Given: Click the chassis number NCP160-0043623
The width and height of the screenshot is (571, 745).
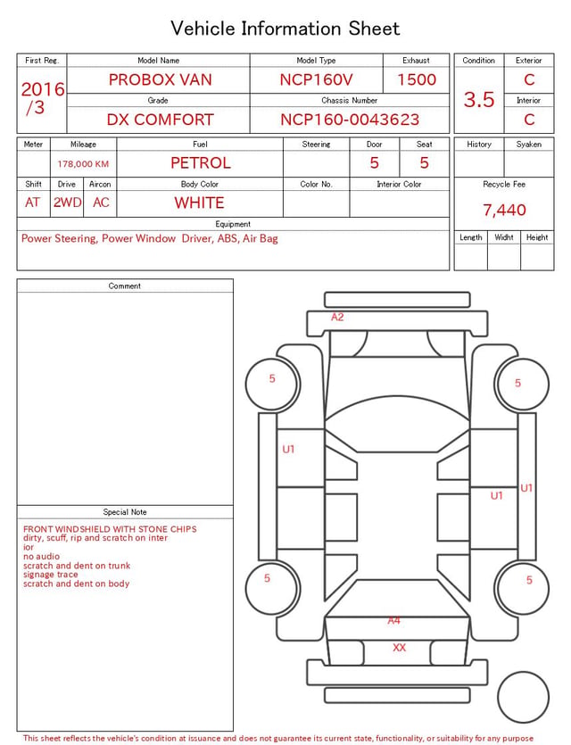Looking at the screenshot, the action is click(x=350, y=120).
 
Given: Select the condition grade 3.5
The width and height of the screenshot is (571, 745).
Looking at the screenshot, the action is click(x=479, y=100).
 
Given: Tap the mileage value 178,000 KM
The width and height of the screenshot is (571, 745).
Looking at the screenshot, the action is click(x=83, y=164).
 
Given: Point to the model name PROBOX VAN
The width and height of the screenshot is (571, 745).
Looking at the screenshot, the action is click(x=160, y=79).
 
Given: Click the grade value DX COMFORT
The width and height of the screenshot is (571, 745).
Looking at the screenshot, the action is click(x=160, y=120).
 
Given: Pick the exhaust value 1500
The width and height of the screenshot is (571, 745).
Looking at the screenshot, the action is click(x=417, y=79).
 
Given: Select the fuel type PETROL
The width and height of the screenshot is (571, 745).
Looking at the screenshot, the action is click(x=201, y=163).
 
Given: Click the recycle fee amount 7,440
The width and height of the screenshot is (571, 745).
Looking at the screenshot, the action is click(x=504, y=210).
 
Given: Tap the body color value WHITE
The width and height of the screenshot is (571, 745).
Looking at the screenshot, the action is click(x=199, y=203).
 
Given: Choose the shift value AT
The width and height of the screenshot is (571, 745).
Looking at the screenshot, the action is click(x=32, y=203).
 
